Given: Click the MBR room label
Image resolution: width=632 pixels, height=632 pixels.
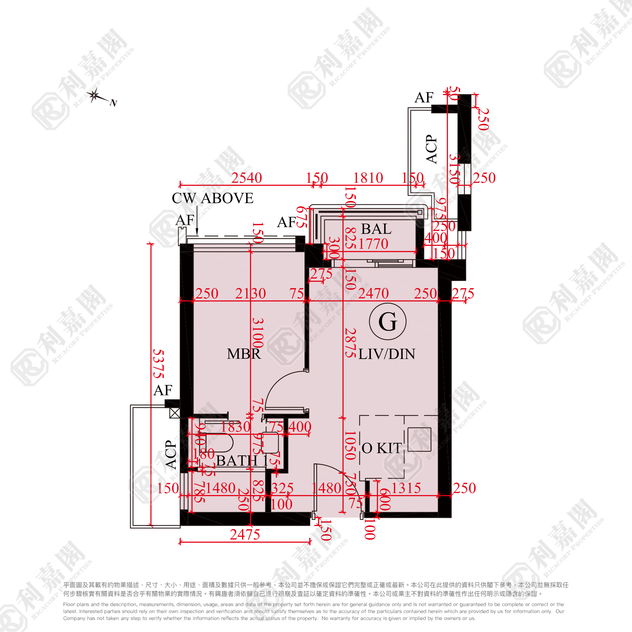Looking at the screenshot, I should [244, 354].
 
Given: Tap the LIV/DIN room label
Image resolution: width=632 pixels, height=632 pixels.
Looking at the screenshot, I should [387, 354].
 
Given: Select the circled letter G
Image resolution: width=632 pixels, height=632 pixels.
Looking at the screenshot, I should [388, 321].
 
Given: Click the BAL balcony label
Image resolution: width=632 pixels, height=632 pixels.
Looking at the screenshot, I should [376, 229].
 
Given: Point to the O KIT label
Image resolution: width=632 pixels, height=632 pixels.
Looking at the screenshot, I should [381, 448].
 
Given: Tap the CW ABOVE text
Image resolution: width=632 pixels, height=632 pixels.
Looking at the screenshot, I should [213, 198].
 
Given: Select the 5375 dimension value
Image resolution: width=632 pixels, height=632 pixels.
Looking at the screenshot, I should [159, 364].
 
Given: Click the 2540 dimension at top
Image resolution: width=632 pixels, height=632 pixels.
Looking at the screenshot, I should [247, 178].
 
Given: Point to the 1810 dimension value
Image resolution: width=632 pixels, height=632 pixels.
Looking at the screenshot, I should [368, 178].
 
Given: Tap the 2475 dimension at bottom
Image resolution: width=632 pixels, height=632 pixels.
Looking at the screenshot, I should [245, 535].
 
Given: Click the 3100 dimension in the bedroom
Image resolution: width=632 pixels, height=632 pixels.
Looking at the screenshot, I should [258, 333].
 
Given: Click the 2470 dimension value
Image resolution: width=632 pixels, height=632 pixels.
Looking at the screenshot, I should [373, 293].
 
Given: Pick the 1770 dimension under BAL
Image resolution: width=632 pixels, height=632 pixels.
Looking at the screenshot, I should [373, 244].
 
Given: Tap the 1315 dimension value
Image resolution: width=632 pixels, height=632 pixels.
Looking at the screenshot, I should [406, 488].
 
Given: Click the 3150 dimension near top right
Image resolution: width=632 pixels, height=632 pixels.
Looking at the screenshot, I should [455, 169].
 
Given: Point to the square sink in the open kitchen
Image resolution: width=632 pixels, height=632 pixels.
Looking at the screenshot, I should [419, 440].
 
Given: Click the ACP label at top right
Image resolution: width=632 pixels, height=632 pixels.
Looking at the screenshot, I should [431, 149].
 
